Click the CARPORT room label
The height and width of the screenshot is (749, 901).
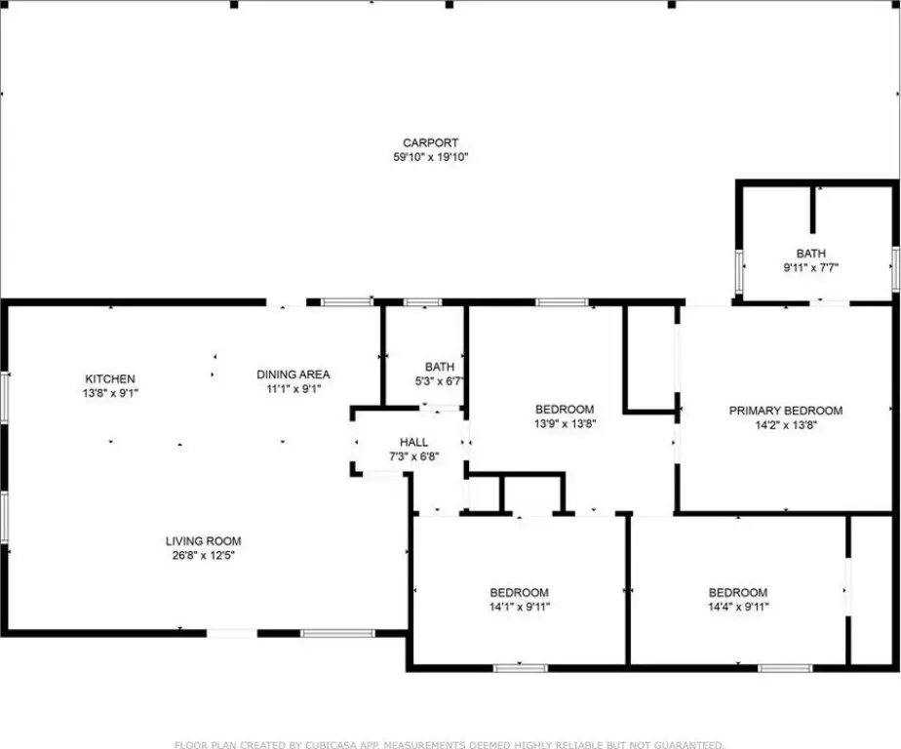coord(430,142)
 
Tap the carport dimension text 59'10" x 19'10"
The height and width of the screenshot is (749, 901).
coord(430,157)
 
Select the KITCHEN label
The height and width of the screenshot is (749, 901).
coord(110,378)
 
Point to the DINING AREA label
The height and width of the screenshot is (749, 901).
coord(294,374)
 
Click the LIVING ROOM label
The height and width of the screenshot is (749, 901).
coord(204,541)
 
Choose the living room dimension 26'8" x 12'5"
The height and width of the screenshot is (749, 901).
coord(204,555)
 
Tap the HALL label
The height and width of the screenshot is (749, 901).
coord(413,442)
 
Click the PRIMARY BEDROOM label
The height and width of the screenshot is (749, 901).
coord(786,411)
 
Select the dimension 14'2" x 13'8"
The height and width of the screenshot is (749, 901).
coord(786,425)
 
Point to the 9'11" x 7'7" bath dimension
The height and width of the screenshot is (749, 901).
coord(810,267)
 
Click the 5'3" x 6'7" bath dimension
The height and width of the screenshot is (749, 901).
coord(440,380)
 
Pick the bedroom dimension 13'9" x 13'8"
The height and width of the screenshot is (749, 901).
coord(565,424)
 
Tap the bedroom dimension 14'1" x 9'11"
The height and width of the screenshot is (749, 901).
coord(520,607)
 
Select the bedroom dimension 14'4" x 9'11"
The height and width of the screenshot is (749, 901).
coord(738,607)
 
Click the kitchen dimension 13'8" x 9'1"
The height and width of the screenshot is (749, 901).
coord(110,393)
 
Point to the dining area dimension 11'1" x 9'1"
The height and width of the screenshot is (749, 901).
coord(294,388)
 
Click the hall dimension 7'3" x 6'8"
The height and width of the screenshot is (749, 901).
coord(413,457)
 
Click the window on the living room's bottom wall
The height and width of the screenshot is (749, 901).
coord(337,634)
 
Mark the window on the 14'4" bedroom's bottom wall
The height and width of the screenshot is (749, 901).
coord(785,668)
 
